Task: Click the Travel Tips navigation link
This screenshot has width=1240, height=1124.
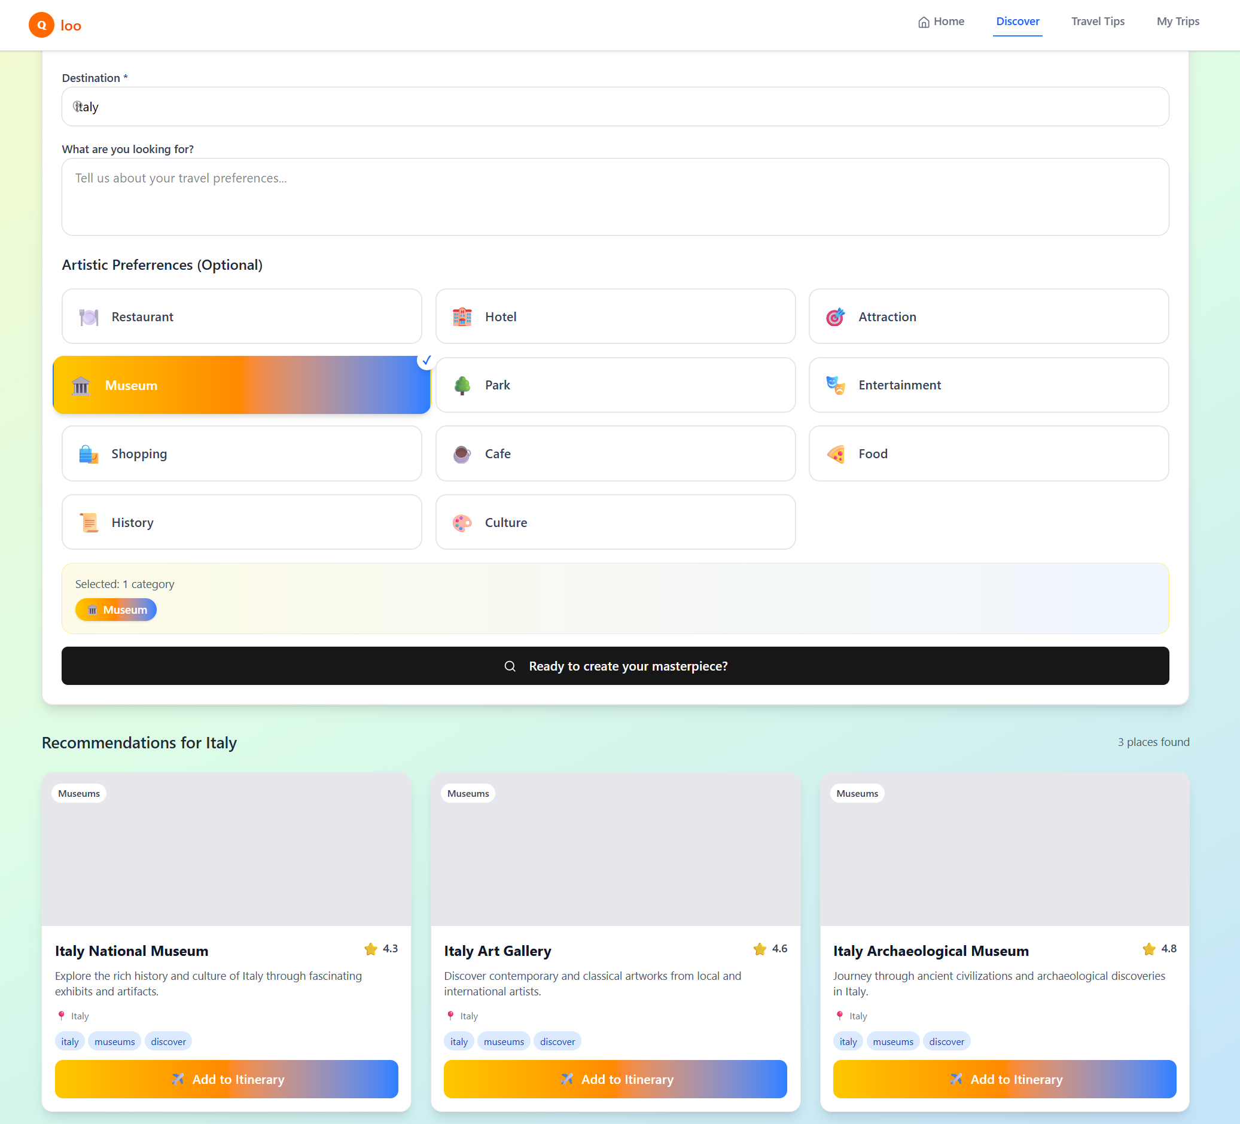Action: click(x=1097, y=22)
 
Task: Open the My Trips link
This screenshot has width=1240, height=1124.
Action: click(x=1177, y=22)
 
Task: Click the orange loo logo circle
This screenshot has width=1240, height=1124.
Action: click(x=41, y=25)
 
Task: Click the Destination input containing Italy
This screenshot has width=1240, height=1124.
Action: click(x=615, y=106)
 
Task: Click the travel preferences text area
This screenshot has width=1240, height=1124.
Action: click(x=615, y=196)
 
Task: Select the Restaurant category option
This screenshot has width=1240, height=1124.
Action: click(x=242, y=316)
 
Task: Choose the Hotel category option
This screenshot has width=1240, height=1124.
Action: click(x=615, y=316)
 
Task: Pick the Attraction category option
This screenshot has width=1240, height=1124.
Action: click(x=988, y=316)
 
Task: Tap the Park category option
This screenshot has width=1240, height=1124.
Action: click(x=615, y=385)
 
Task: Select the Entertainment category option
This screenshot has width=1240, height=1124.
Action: click(x=988, y=385)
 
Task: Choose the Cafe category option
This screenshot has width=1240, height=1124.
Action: click(x=615, y=453)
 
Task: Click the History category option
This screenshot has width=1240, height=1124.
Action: click(x=242, y=522)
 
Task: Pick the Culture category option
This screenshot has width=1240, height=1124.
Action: click(x=615, y=522)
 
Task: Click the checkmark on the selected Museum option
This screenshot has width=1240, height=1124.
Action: click(x=426, y=360)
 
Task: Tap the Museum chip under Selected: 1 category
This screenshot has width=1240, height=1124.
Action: click(x=116, y=610)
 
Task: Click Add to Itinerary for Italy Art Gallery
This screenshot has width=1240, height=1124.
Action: click(x=615, y=1079)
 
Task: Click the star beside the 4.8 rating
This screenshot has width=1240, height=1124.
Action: click(x=1148, y=949)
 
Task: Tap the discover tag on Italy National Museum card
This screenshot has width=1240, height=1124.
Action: click(x=168, y=1041)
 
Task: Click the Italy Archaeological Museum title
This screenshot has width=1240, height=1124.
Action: click(x=931, y=951)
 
